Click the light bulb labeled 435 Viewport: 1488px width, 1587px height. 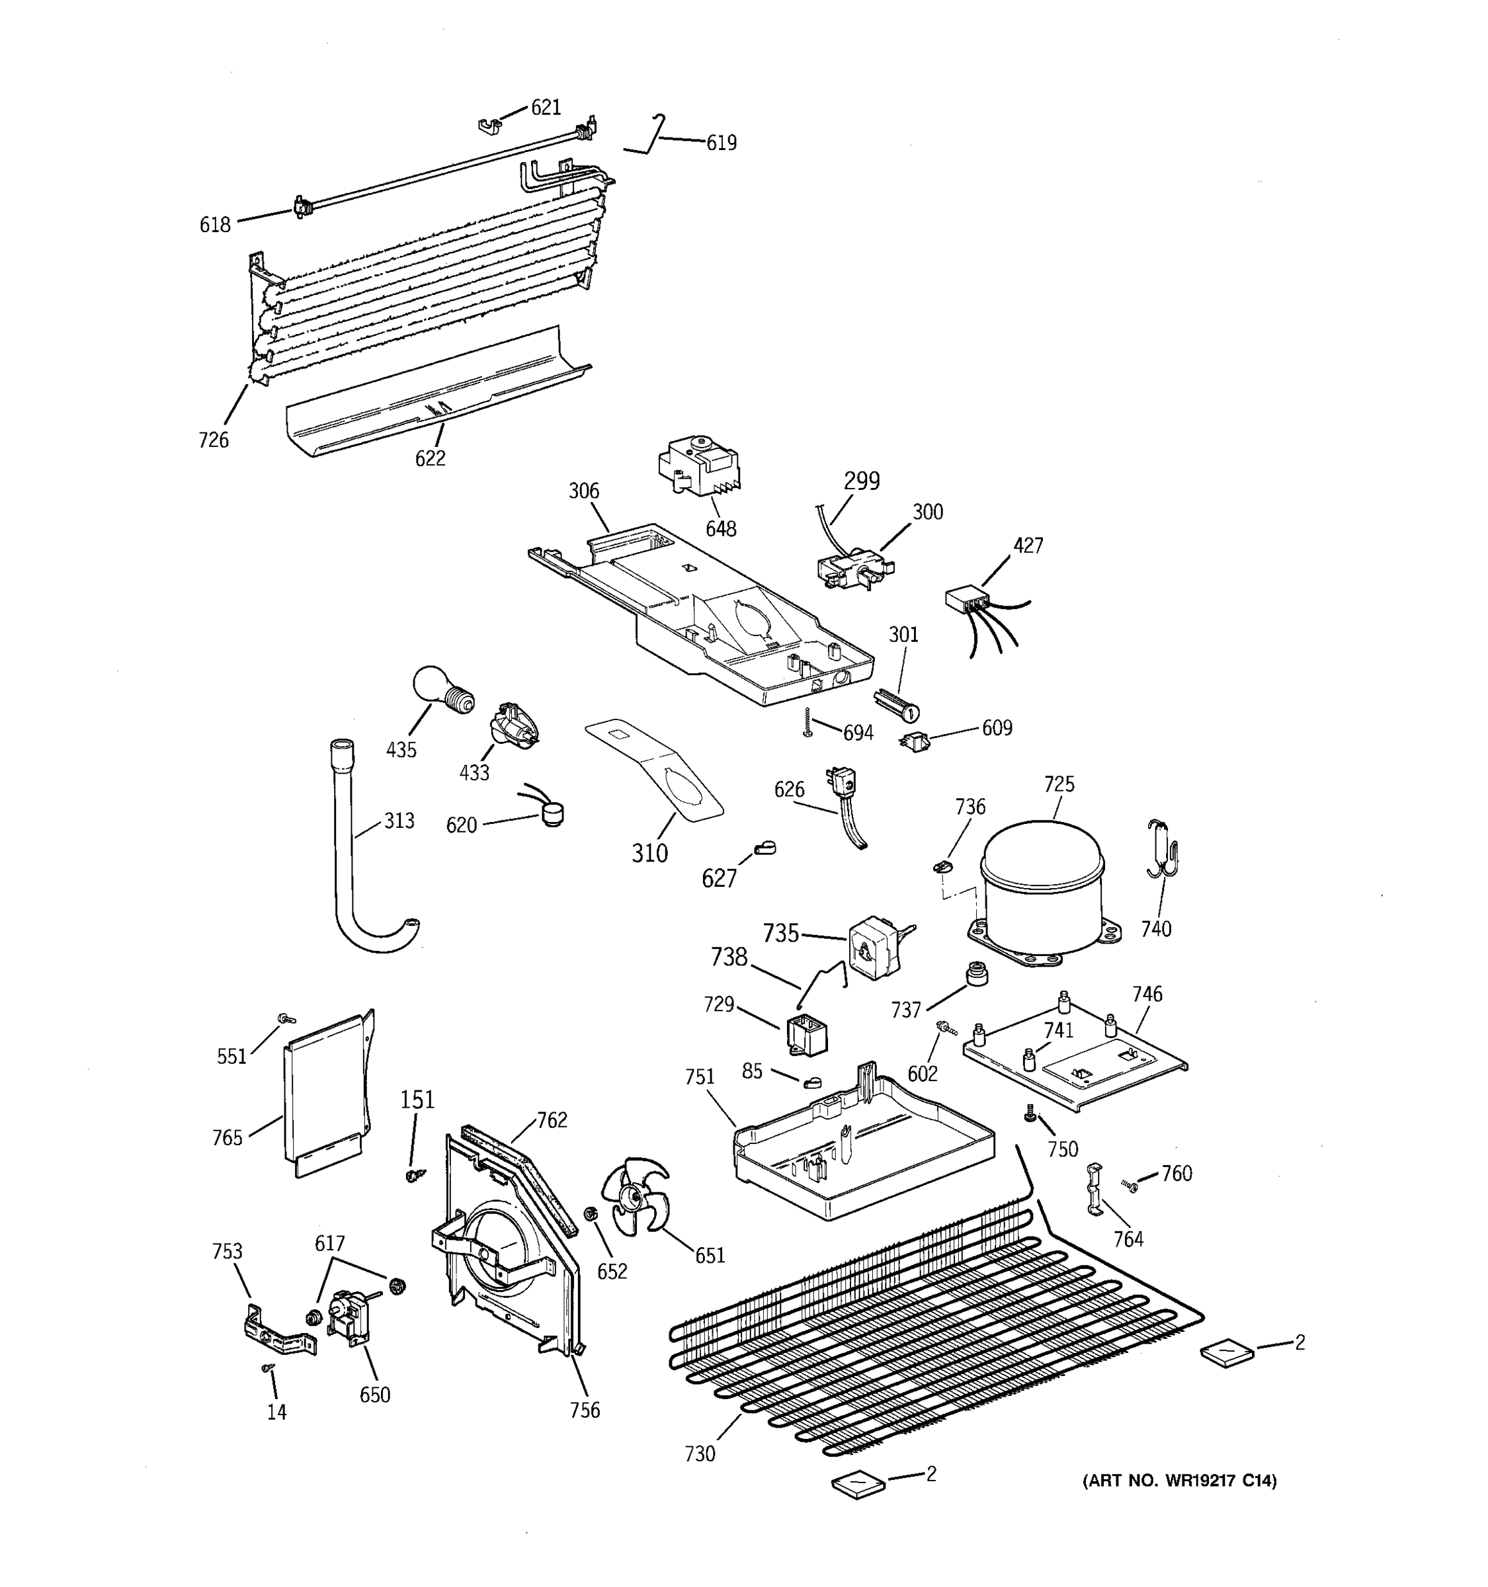[x=440, y=690]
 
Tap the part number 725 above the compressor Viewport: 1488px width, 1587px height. [x=1059, y=784]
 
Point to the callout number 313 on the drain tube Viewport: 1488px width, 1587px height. [x=399, y=821]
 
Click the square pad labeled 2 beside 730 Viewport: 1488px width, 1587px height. [x=858, y=1483]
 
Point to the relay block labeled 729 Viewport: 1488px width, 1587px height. [x=806, y=1036]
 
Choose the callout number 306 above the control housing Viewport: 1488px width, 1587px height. [x=583, y=491]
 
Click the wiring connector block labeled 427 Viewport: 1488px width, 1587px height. [x=964, y=600]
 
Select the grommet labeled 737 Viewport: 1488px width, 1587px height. [x=975, y=973]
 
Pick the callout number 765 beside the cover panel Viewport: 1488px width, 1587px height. [x=227, y=1137]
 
